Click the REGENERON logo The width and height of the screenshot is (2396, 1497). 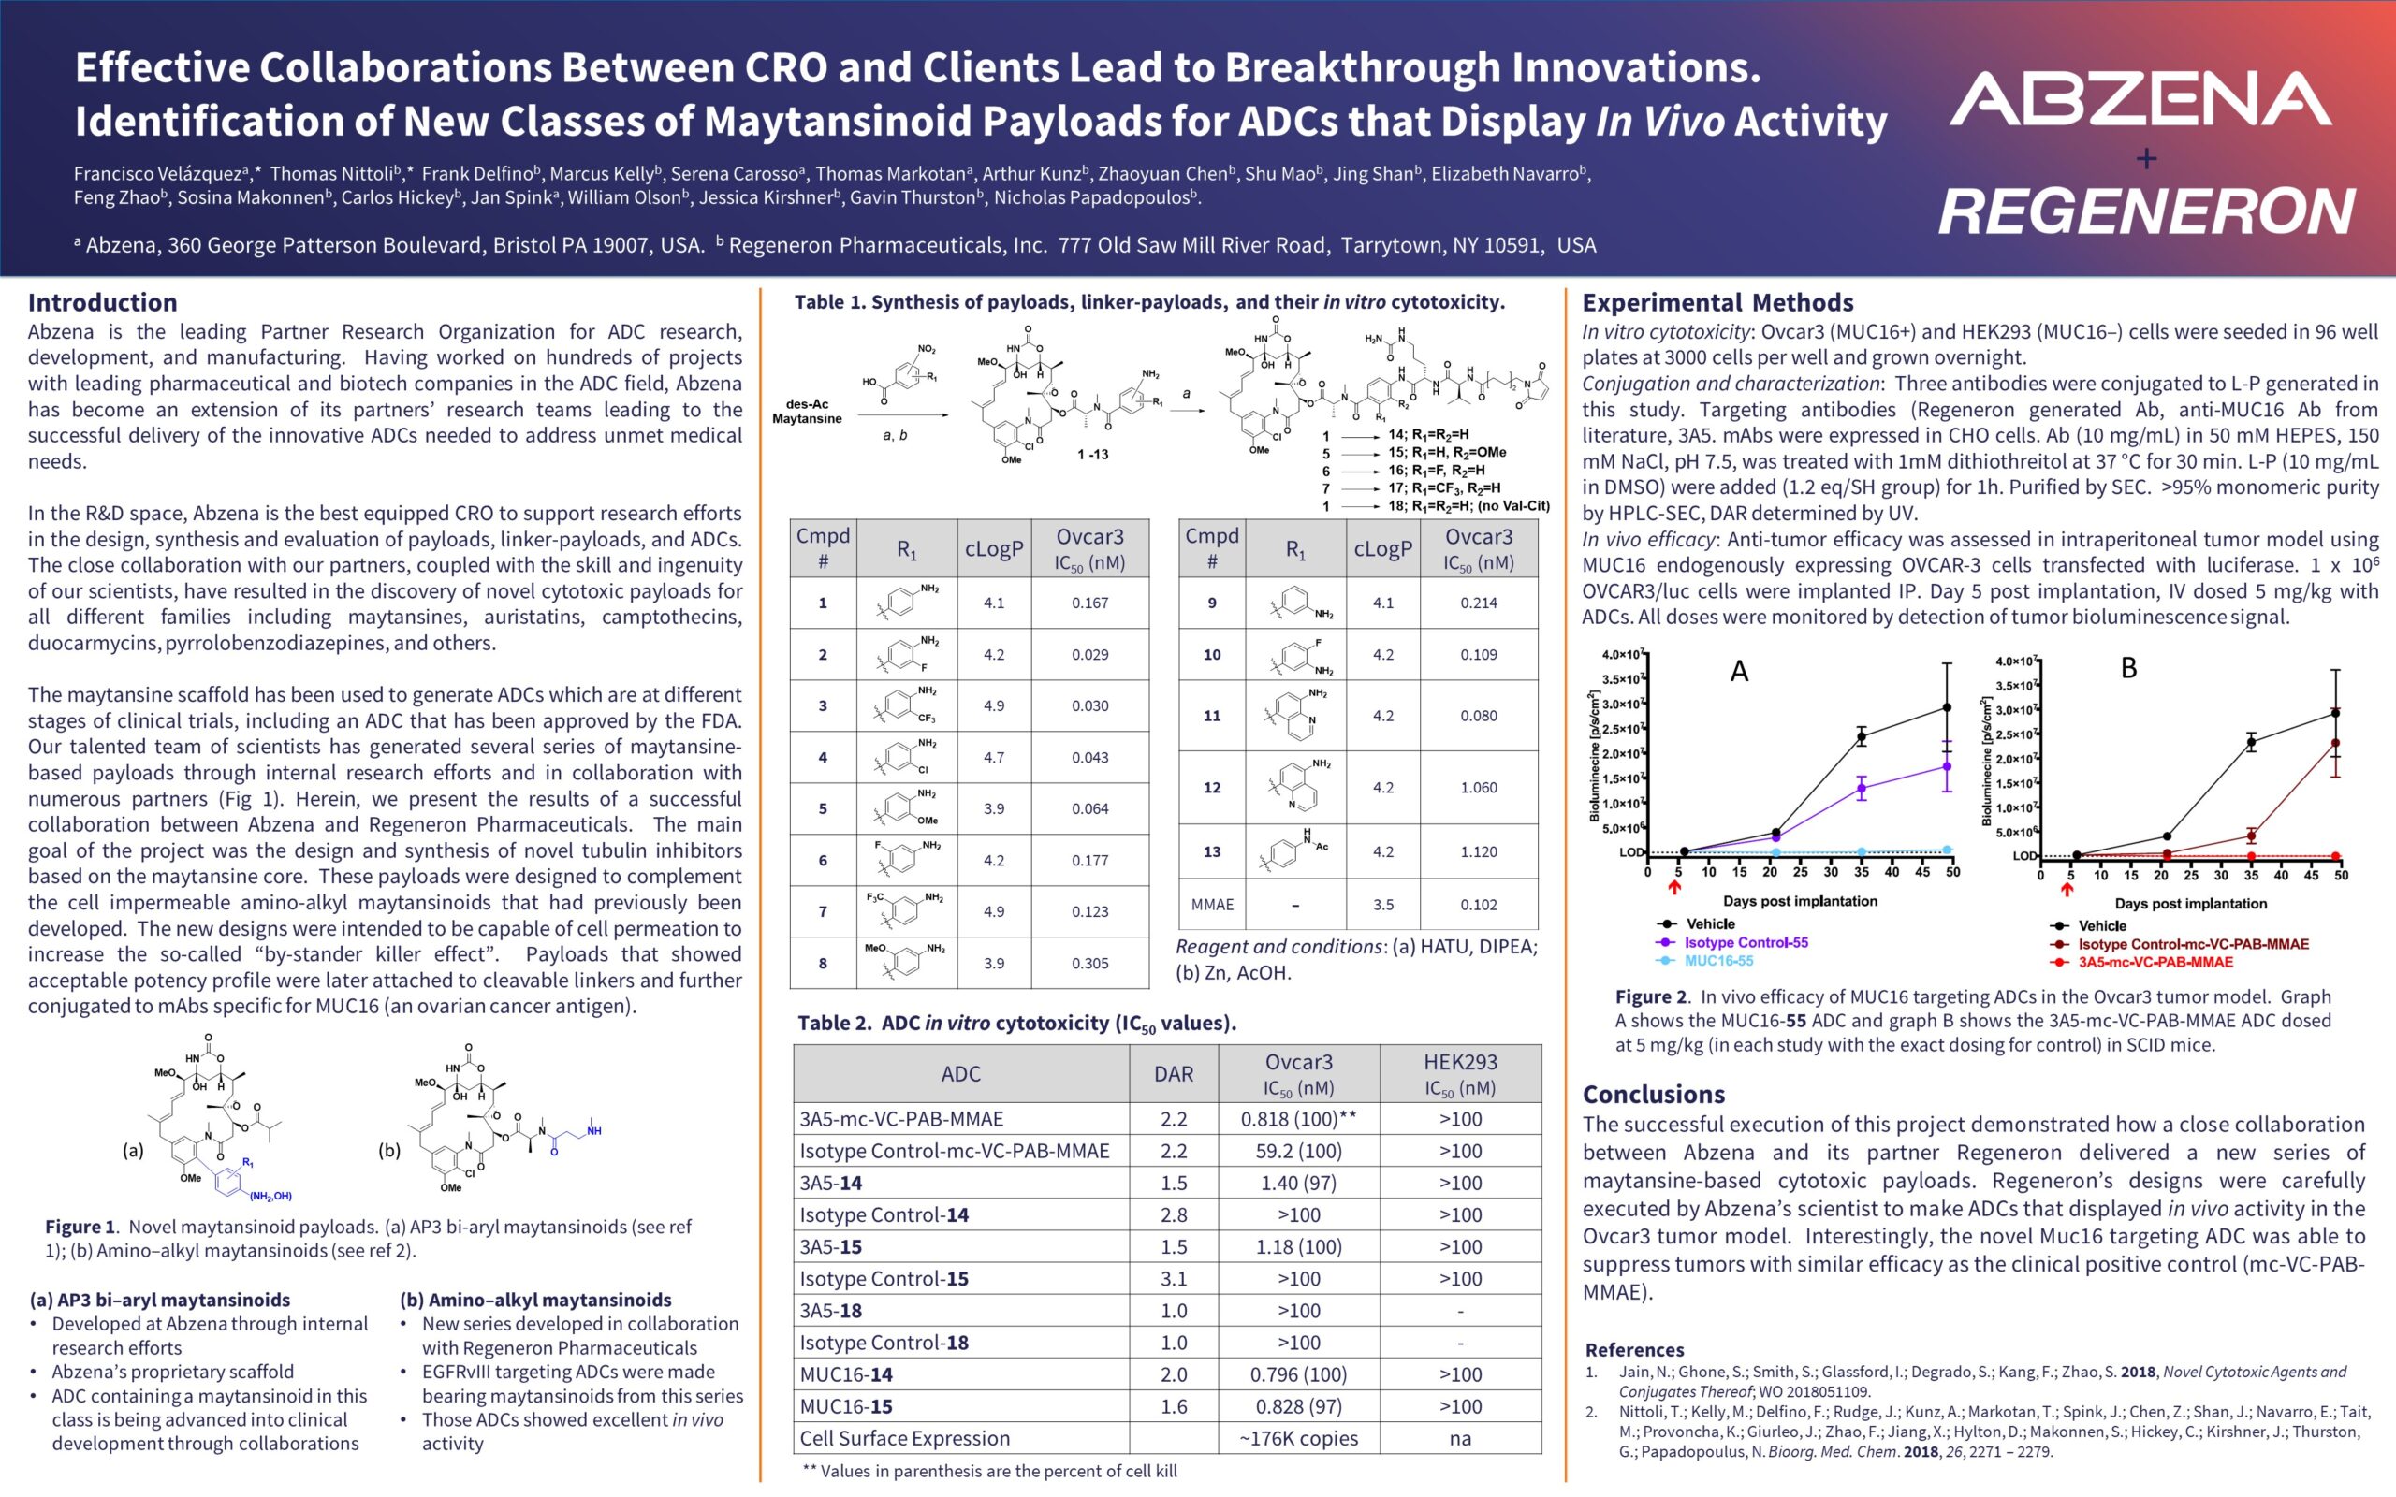(x=2145, y=211)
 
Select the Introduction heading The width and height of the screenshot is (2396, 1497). (x=102, y=302)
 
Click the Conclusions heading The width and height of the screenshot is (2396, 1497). (x=1654, y=1094)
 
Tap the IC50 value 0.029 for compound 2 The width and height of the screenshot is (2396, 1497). (x=1089, y=654)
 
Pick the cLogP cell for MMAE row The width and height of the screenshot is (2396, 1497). (x=1382, y=904)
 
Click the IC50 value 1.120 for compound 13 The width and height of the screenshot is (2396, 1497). (x=1478, y=851)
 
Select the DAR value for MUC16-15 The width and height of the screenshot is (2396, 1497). (x=1174, y=1406)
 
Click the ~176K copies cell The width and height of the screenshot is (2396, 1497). (x=1298, y=1438)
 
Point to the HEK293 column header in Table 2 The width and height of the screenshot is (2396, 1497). (x=1459, y=1073)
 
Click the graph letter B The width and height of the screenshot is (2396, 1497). (x=2128, y=668)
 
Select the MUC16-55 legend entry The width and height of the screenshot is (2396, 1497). (x=1717, y=960)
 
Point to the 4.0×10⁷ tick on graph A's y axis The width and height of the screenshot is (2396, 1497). (x=1623, y=654)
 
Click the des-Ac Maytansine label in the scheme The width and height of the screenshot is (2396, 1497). (x=807, y=411)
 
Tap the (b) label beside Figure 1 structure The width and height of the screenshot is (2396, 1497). (x=389, y=1151)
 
